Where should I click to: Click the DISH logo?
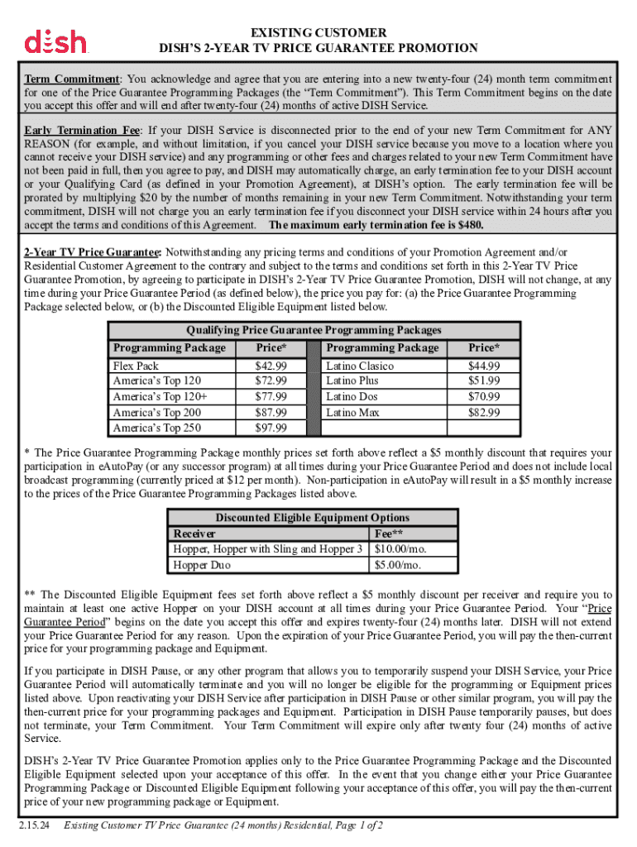pos(55,41)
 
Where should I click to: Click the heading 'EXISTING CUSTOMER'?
pos(318,33)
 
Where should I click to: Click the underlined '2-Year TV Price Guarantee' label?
pos(92,251)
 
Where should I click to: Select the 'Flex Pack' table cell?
pos(135,366)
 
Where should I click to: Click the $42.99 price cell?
pos(271,366)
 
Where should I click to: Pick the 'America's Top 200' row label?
pos(156,412)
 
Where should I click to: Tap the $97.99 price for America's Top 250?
pos(271,428)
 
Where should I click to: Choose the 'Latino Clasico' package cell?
pos(360,366)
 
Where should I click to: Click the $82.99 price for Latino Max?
pos(484,412)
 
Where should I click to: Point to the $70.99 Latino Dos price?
pos(484,396)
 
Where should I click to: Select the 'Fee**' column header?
pos(390,534)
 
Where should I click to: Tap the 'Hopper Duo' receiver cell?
pos(202,565)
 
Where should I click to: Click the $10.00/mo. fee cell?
pos(402,549)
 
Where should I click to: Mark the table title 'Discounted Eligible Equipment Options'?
pos(312,518)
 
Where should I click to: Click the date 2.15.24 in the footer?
pos(35,825)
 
